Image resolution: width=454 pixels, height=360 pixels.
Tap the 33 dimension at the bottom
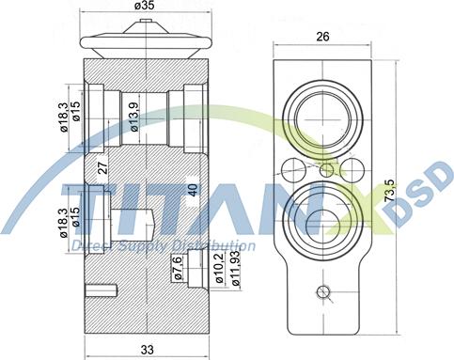click(147, 349)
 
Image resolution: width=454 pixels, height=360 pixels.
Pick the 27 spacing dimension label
click(104, 171)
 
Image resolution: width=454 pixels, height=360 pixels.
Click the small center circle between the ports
click(326, 169)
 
